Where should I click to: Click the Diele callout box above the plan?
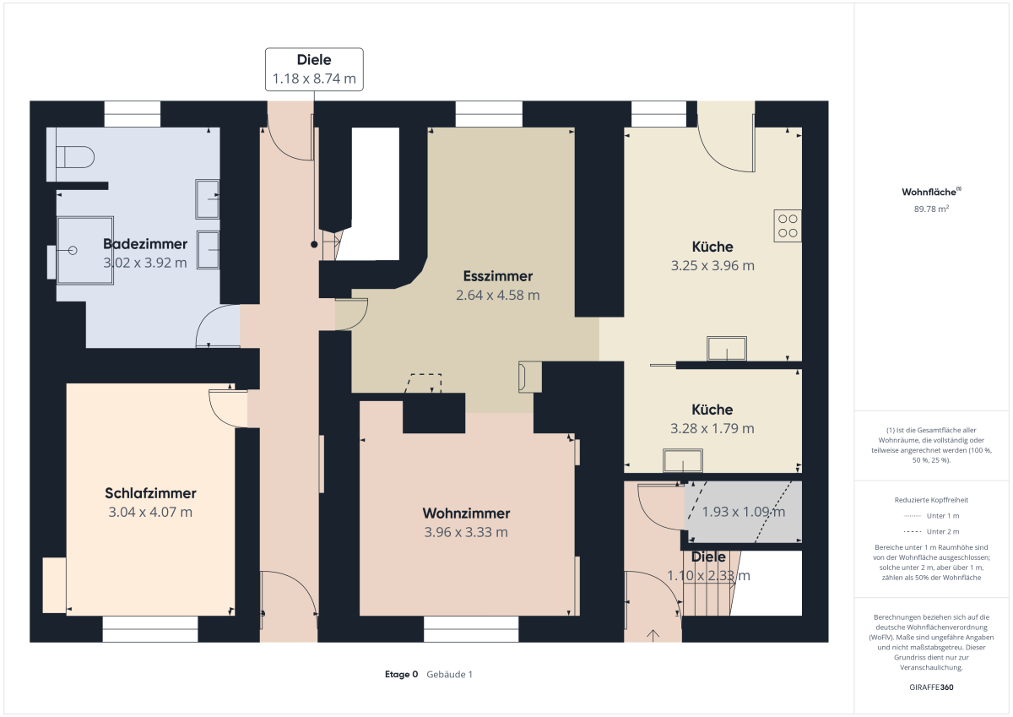(314, 69)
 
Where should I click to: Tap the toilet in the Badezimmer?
(74, 157)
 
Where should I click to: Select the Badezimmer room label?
(145, 244)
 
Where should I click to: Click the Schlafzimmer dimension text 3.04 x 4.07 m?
(150, 512)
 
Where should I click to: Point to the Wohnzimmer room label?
(466, 513)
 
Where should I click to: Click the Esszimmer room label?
(497, 276)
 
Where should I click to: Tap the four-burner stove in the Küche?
(788, 225)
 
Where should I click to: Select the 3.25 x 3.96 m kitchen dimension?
(712, 265)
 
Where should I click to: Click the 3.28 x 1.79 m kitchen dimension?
(712, 428)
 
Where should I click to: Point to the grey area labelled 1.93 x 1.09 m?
(744, 511)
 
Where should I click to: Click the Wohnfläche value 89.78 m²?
(931, 209)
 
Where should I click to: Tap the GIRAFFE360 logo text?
(931, 687)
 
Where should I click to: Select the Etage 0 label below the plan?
(401, 674)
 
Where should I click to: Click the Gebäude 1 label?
(449, 674)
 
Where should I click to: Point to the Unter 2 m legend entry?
(931, 531)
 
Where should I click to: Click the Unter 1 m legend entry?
(931, 516)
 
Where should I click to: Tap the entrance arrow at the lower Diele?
(653, 636)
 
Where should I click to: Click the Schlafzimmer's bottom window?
(150, 629)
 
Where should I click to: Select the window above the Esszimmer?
(489, 113)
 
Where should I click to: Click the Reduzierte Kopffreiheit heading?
(931, 500)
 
